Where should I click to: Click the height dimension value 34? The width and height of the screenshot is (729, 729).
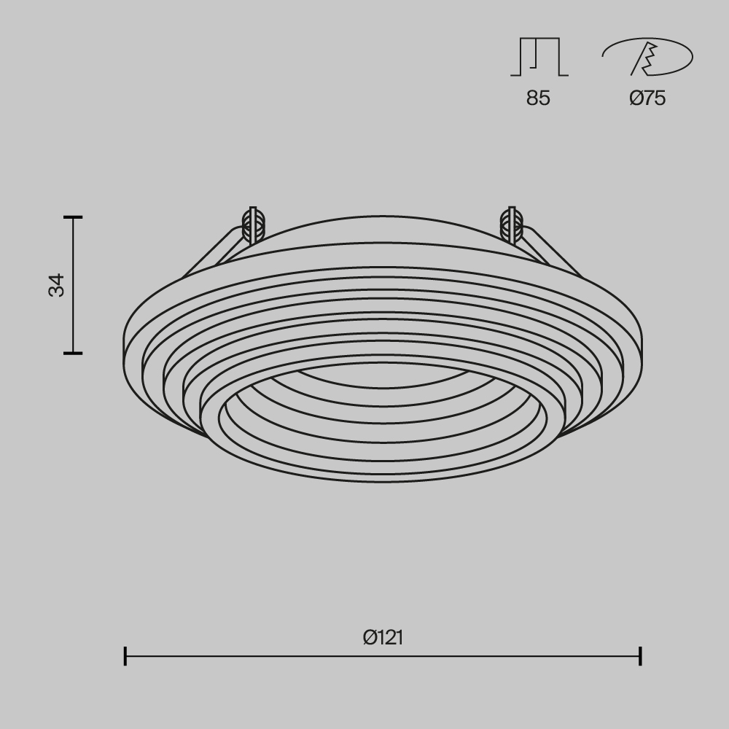[57, 285]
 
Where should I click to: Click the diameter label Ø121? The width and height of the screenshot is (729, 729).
[383, 637]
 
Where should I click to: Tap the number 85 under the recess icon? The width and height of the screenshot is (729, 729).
[538, 98]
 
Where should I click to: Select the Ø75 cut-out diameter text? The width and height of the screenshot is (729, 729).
[647, 98]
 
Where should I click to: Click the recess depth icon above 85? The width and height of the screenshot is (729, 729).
[539, 58]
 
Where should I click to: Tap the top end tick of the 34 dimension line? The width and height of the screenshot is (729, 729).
[73, 217]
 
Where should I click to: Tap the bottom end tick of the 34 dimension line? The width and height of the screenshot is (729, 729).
[73, 353]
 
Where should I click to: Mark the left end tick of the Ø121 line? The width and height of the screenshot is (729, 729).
[125, 656]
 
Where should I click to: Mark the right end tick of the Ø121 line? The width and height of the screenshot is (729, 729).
[640, 656]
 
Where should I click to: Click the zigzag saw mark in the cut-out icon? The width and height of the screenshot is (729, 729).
[646, 58]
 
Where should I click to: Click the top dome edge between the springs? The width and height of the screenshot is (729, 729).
[383, 217]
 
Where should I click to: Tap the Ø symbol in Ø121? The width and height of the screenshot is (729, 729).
[370, 637]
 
